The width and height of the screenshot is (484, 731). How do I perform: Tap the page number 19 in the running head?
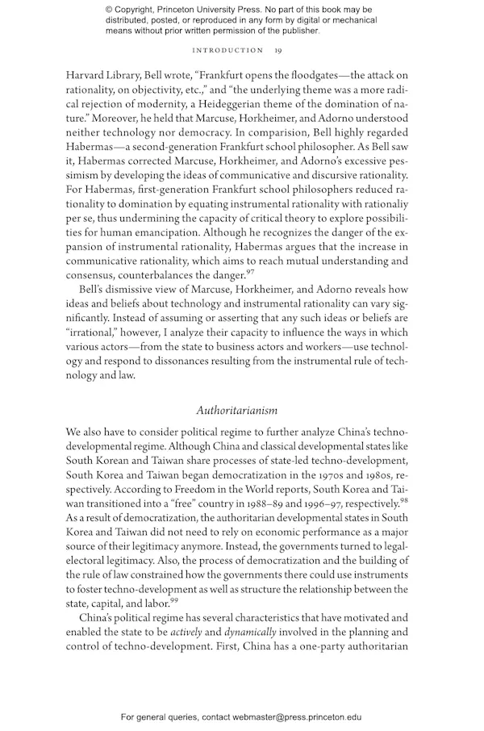pos(277,51)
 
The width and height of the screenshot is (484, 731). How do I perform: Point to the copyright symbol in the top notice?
pos(110,9)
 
